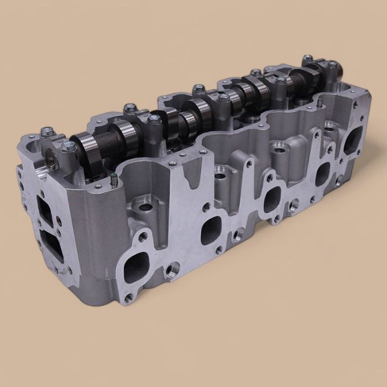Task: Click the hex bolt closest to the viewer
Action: click(69, 147)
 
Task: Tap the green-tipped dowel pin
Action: click(112, 178)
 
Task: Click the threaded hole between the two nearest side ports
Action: click(168, 271)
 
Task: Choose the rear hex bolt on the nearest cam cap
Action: click(47, 132)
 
